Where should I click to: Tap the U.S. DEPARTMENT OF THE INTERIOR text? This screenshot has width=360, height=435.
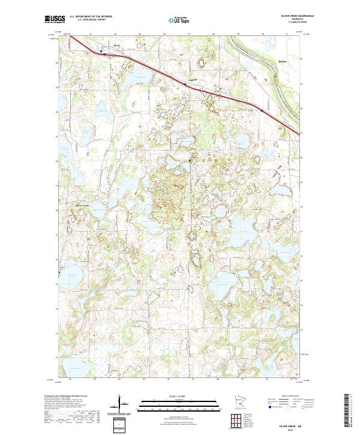[x=91, y=17]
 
